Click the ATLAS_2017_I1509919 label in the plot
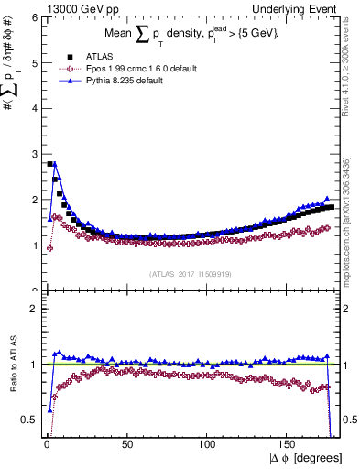click(x=189, y=273)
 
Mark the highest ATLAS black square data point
click(x=49, y=164)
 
